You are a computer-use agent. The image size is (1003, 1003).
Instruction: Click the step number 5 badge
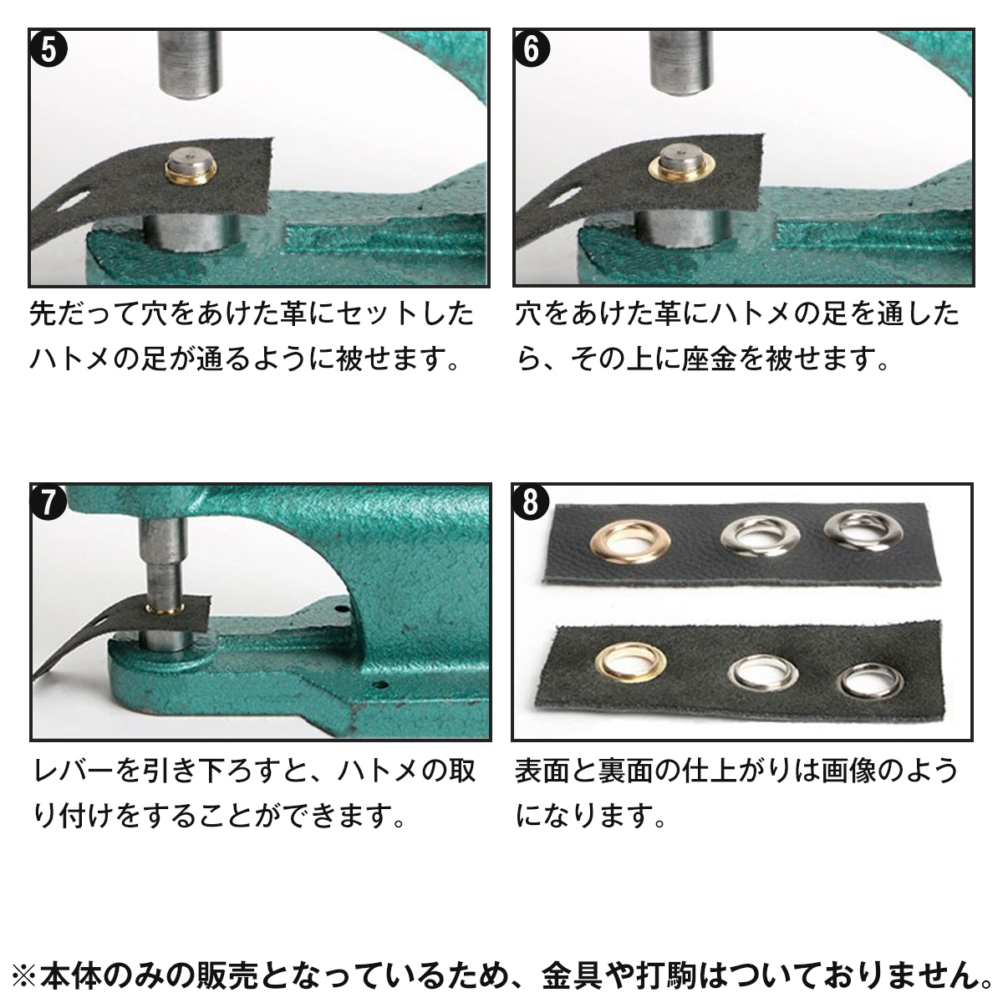(x=49, y=50)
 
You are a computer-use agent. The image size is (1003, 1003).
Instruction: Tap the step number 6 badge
(x=532, y=50)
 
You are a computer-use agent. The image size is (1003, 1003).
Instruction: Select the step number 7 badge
(x=48, y=502)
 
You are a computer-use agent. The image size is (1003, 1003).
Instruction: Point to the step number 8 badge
(x=531, y=502)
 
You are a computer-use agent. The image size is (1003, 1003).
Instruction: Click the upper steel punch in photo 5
(x=191, y=64)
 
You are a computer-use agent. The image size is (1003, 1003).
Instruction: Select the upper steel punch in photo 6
(x=682, y=64)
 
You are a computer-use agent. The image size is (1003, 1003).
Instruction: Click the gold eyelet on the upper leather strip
(x=630, y=542)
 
